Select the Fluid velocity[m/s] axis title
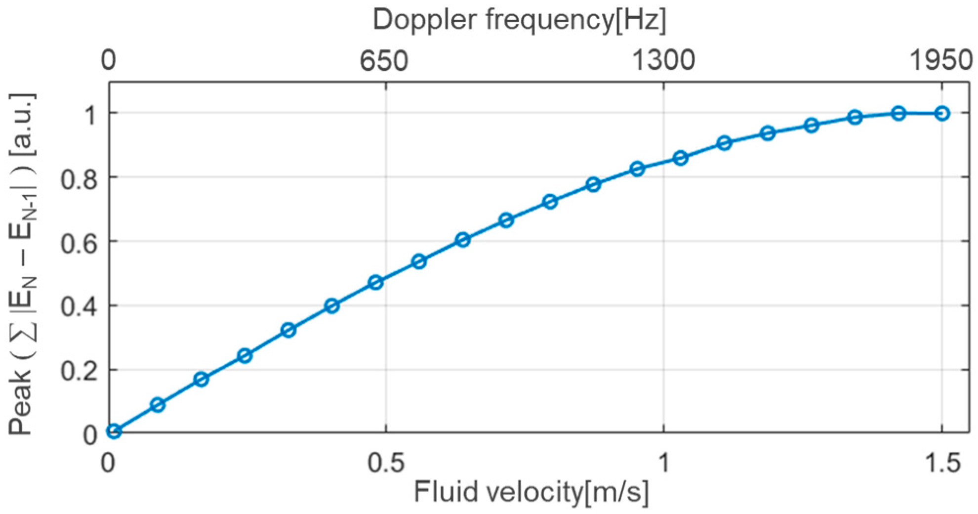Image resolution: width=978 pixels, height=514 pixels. click(531, 492)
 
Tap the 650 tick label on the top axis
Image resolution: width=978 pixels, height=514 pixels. click(384, 61)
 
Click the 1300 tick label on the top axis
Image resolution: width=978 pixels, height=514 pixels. click(663, 61)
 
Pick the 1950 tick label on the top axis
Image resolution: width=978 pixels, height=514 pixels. click(941, 61)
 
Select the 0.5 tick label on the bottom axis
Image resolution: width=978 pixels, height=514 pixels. click(385, 464)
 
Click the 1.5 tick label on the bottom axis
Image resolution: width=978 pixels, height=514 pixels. click(941, 464)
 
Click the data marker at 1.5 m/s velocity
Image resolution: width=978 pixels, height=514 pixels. click(942, 114)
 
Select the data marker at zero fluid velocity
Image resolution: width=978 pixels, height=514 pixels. click(114, 431)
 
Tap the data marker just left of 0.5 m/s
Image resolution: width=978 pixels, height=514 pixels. click(376, 283)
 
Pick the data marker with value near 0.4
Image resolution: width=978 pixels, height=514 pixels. click(332, 306)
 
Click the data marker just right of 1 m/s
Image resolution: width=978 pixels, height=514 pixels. click(681, 158)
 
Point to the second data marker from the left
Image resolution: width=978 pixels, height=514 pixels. click(158, 405)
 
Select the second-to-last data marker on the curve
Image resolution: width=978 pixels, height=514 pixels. click(898, 113)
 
